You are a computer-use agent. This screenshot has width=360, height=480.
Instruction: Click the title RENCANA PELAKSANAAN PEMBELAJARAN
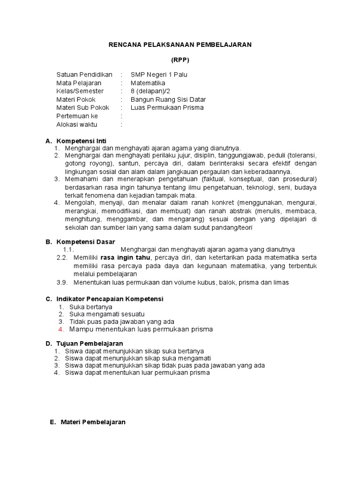coord(180,45)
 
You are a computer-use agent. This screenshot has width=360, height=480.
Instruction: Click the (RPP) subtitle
coord(180,60)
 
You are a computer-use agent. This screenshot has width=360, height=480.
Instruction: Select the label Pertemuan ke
coord(77,116)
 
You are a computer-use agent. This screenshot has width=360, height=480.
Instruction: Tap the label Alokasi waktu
coord(77,124)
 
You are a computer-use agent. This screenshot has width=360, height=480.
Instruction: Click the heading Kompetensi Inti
coord(82,141)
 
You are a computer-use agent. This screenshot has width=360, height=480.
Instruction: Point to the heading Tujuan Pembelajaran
coord(90,344)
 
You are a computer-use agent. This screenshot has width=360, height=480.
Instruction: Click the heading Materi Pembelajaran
coord(93,422)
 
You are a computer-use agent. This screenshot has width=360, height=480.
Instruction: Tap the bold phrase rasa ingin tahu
coord(126,258)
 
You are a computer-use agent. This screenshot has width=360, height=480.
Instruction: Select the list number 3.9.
coord(62,282)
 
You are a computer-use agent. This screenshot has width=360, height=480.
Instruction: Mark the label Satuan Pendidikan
coord(84,75)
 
